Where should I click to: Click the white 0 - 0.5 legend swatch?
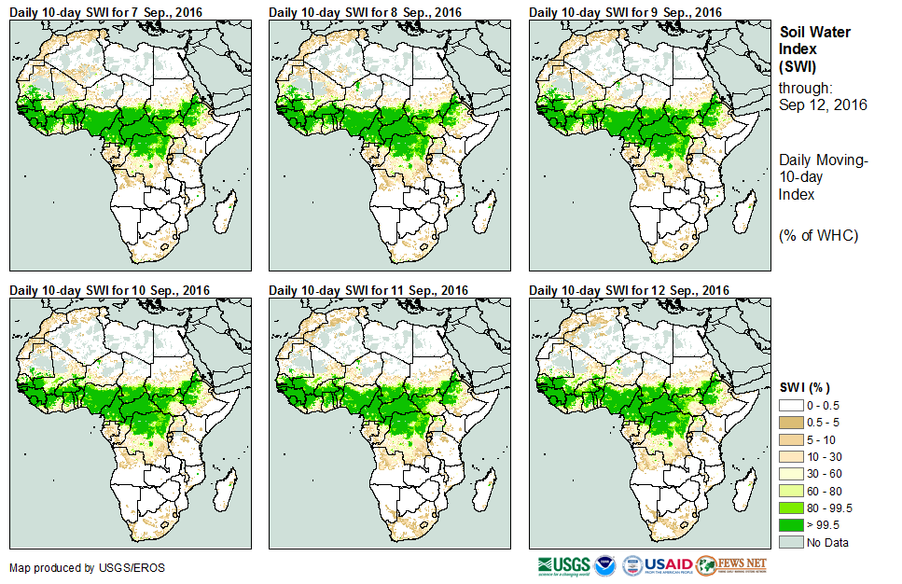[x=790, y=407]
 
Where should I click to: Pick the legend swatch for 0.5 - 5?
[x=790, y=424]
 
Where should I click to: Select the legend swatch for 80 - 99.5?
[x=790, y=508]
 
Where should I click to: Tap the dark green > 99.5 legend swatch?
[x=790, y=524]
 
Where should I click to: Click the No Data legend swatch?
[x=790, y=542]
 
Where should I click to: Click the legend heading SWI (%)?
[x=804, y=387]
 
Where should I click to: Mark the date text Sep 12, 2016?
[x=823, y=104]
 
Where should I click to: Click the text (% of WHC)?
[x=818, y=235]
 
